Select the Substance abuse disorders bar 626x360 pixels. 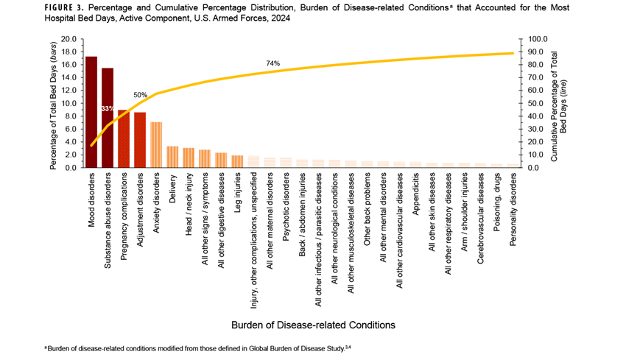108,118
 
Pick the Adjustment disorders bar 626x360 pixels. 140,140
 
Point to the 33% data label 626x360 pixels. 108,109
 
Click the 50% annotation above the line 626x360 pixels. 140,95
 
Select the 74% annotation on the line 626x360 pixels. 272,64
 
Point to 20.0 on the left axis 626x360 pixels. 68,39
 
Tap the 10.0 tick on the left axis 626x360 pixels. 68,103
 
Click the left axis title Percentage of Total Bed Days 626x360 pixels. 54,103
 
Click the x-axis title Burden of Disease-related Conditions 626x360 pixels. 313,324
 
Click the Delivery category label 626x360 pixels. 172,189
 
